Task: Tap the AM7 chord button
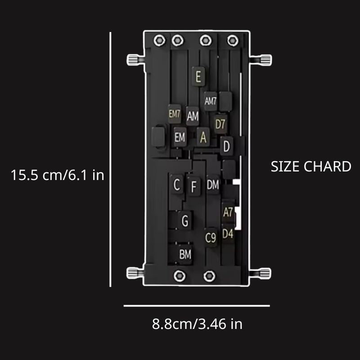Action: tap(211, 102)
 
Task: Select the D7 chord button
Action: tap(220, 125)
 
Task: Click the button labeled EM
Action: tap(180, 137)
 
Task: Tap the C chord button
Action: tap(177, 184)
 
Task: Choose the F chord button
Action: tap(194, 186)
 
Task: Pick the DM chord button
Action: tap(213, 184)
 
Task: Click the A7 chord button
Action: tap(228, 212)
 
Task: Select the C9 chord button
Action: tap(211, 237)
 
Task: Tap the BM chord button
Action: tap(185, 254)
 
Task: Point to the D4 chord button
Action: tap(228, 234)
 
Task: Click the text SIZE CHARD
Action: tap(310, 166)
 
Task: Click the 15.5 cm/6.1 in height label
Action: tap(58, 175)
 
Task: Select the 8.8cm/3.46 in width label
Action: tap(197, 324)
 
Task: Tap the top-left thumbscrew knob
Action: tap(134, 59)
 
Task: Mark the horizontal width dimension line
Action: tap(197, 306)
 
